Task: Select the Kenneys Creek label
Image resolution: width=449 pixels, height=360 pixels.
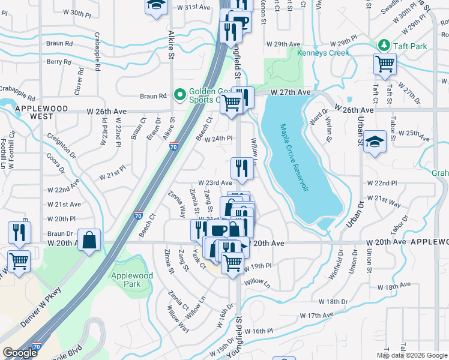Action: (x=323, y=53)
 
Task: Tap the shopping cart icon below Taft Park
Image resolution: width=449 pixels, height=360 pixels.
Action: (x=385, y=64)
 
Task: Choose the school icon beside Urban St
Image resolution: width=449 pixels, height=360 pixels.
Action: (x=375, y=142)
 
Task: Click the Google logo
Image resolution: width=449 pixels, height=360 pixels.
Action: (x=19, y=353)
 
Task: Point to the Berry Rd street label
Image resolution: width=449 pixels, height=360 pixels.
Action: (x=59, y=62)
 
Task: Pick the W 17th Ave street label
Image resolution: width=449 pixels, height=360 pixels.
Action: (x=316, y=315)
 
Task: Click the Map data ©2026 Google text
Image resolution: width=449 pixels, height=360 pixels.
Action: (x=411, y=355)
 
